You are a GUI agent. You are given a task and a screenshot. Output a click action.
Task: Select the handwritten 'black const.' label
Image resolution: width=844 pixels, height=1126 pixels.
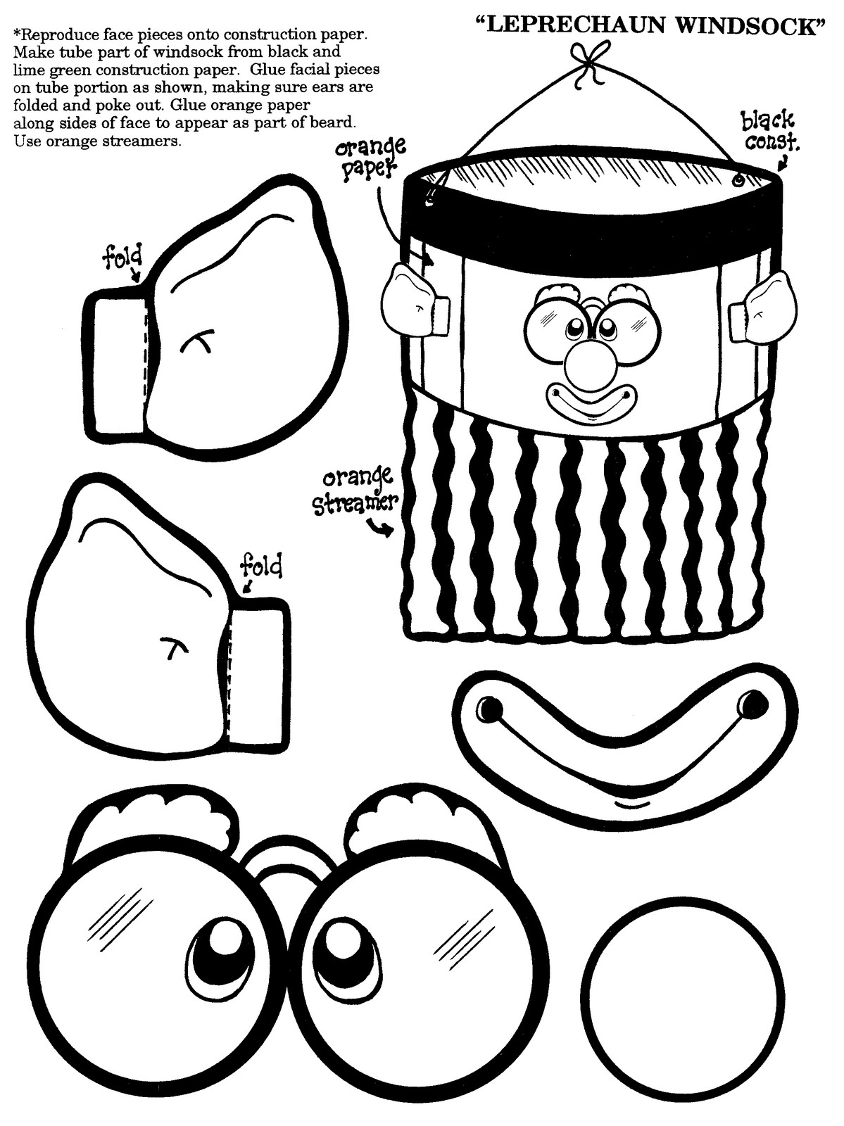point(769,132)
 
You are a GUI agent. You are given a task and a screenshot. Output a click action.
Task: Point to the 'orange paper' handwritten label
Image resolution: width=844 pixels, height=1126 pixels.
point(370,159)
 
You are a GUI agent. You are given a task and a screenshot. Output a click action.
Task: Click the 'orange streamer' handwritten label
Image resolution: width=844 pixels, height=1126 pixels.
point(354,493)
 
